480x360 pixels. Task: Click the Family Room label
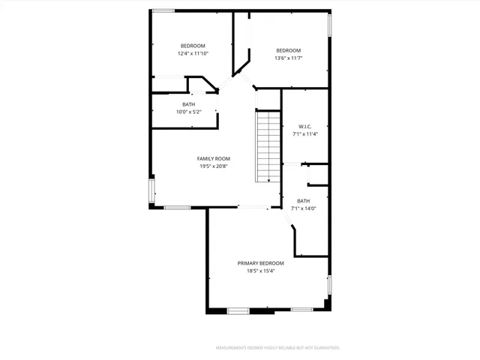tap(213, 158)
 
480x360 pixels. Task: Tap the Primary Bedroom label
tap(261, 263)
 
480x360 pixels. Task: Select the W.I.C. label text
tap(304, 126)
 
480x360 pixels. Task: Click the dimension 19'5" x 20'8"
tap(213, 166)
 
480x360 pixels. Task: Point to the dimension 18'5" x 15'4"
tap(261, 271)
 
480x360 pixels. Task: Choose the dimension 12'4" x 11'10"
tap(193, 54)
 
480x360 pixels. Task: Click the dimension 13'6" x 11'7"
tap(288, 58)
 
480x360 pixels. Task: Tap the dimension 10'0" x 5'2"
tap(189, 112)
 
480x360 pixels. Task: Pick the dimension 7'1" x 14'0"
tap(303, 208)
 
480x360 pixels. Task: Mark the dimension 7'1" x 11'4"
tap(304, 134)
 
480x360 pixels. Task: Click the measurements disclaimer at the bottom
tap(278, 348)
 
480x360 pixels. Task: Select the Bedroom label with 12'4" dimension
tap(193, 46)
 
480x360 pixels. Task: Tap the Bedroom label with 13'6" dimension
tap(288, 50)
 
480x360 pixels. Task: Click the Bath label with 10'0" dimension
tap(189, 104)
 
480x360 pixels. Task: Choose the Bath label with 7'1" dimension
tap(303, 200)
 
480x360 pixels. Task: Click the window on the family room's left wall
tap(153, 191)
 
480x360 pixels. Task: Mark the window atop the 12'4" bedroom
tap(163, 10)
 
